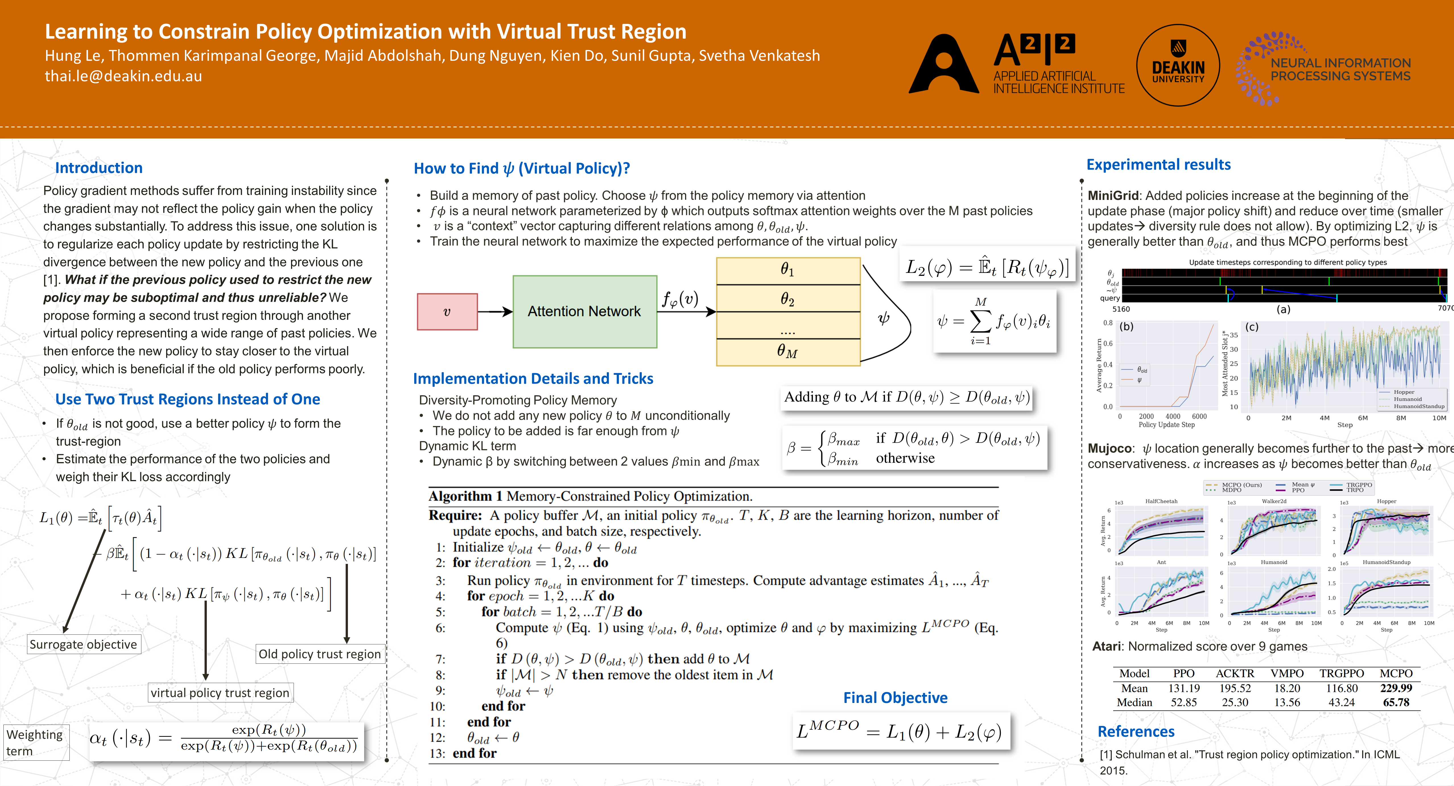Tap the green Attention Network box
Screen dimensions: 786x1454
(x=584, y=311)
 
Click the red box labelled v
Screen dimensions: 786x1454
(x=447, y=311)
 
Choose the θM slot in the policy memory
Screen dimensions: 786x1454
(x=787, y=351)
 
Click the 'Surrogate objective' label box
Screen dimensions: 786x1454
(x=84, y=644)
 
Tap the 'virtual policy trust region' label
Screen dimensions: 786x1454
(x=220, y=693)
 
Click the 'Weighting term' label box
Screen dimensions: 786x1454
(x=35, y=742)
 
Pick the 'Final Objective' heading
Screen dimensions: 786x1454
(x=895, y=698)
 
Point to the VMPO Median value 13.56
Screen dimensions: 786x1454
(x=1287, y=702)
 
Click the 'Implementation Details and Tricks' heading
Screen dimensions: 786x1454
(x=533, y=378)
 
